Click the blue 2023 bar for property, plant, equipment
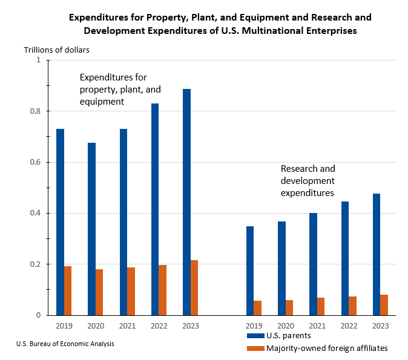point(186,202)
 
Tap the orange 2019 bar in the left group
point(68,290)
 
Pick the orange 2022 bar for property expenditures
point(163,290)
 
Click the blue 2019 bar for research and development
point(250,270)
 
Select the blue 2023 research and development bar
point(377,254)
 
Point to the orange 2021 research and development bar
point(321,306)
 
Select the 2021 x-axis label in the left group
point(127,326)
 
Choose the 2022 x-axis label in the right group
point(349,326)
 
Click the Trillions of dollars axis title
point(57,50)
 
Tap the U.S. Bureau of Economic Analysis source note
point(65,344)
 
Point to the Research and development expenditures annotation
point(308,181)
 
